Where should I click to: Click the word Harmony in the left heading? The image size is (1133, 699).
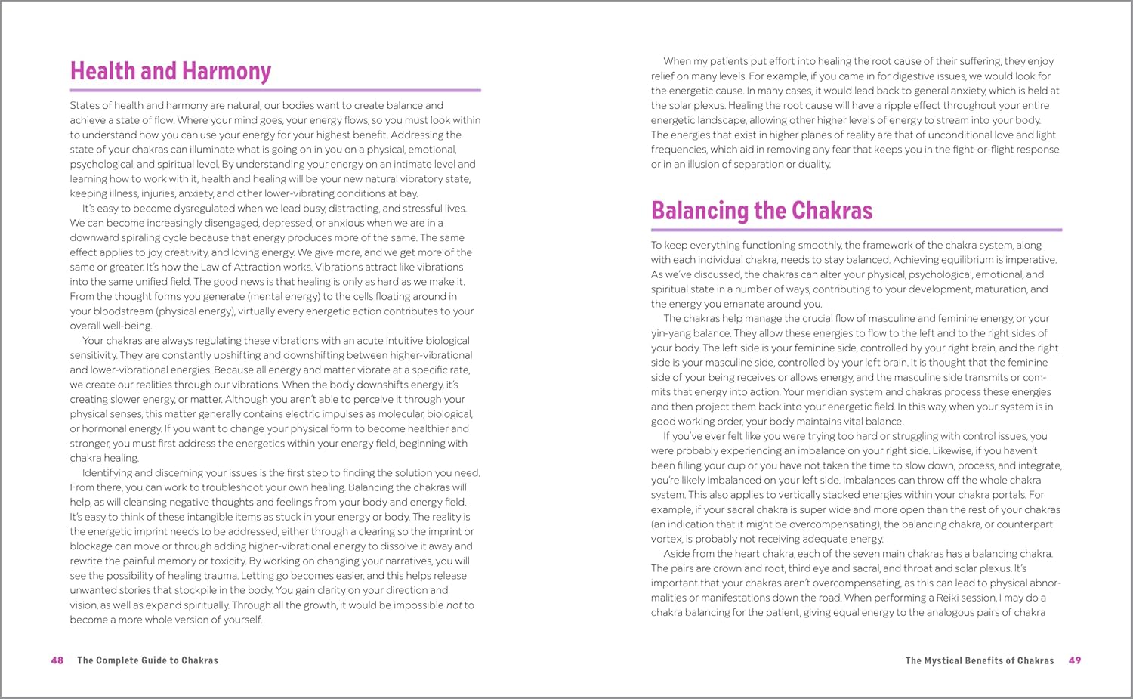[226, 71]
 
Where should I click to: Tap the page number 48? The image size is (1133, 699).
[57, 660]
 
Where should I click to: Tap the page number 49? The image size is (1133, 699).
[1075, 660]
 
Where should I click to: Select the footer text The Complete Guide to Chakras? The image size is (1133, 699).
[147, 660]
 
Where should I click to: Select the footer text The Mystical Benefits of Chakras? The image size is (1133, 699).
[980, 660]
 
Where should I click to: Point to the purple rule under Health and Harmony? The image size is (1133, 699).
[275, 91]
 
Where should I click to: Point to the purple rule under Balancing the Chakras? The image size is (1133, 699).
[857, 230]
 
